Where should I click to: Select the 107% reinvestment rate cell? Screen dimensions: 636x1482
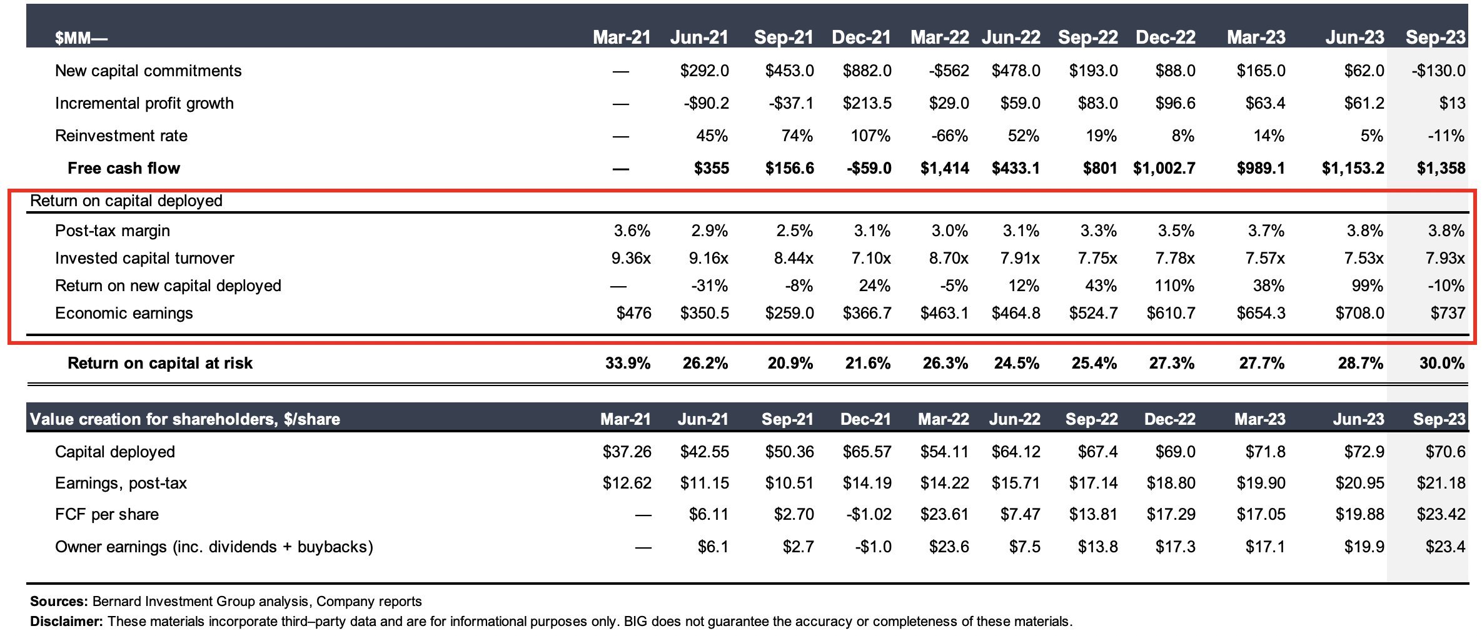(x=870, y=136)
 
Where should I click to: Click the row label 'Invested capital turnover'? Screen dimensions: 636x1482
(x=144, y=258)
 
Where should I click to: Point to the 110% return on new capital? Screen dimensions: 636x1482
(x=1174, y=286)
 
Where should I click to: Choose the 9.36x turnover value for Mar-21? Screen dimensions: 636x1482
(x=631, y=258)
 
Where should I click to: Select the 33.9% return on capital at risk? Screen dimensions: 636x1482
(x=627, y=363)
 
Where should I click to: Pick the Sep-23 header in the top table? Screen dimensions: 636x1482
(x=1435, y=37)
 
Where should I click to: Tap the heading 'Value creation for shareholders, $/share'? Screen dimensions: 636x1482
(x=185, y=419)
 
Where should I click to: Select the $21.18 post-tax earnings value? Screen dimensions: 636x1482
(x=1441, y=483)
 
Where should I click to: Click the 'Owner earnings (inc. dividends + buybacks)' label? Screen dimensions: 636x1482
(x=214, y=547)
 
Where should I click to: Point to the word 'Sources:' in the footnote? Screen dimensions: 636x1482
(x=59, y=602)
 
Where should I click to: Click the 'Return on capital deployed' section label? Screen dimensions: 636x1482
(x=126, y=201)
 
